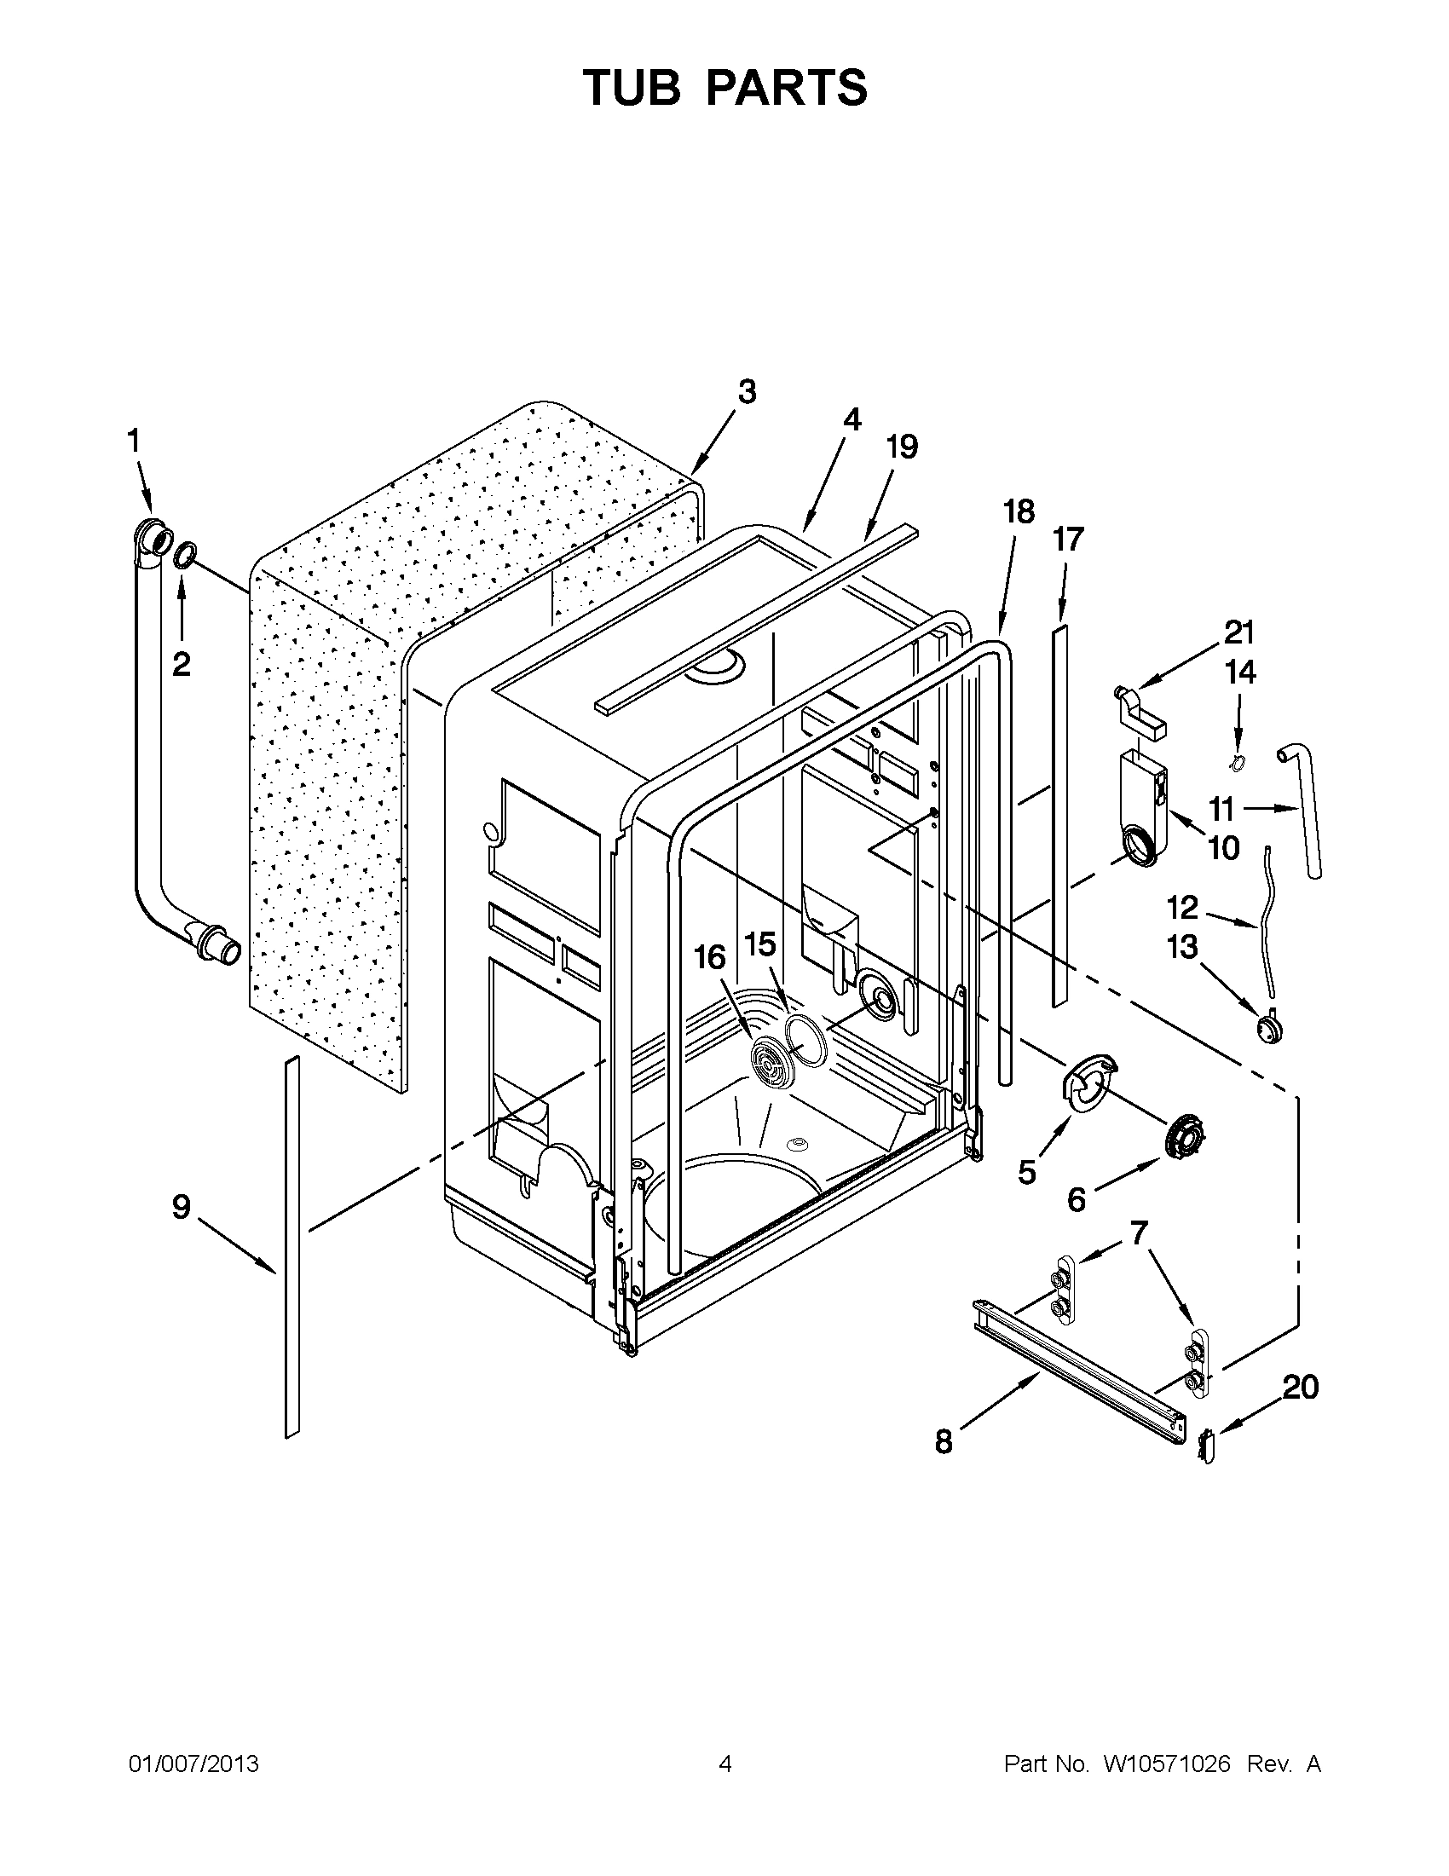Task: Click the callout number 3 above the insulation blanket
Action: [x=747, y=392]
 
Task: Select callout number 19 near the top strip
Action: [x=902, y=447]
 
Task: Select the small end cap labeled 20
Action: [x=1206, y=1446]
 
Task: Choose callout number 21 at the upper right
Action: [x=1239, y=632]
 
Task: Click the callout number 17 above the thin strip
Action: [x=1069, y=540]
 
